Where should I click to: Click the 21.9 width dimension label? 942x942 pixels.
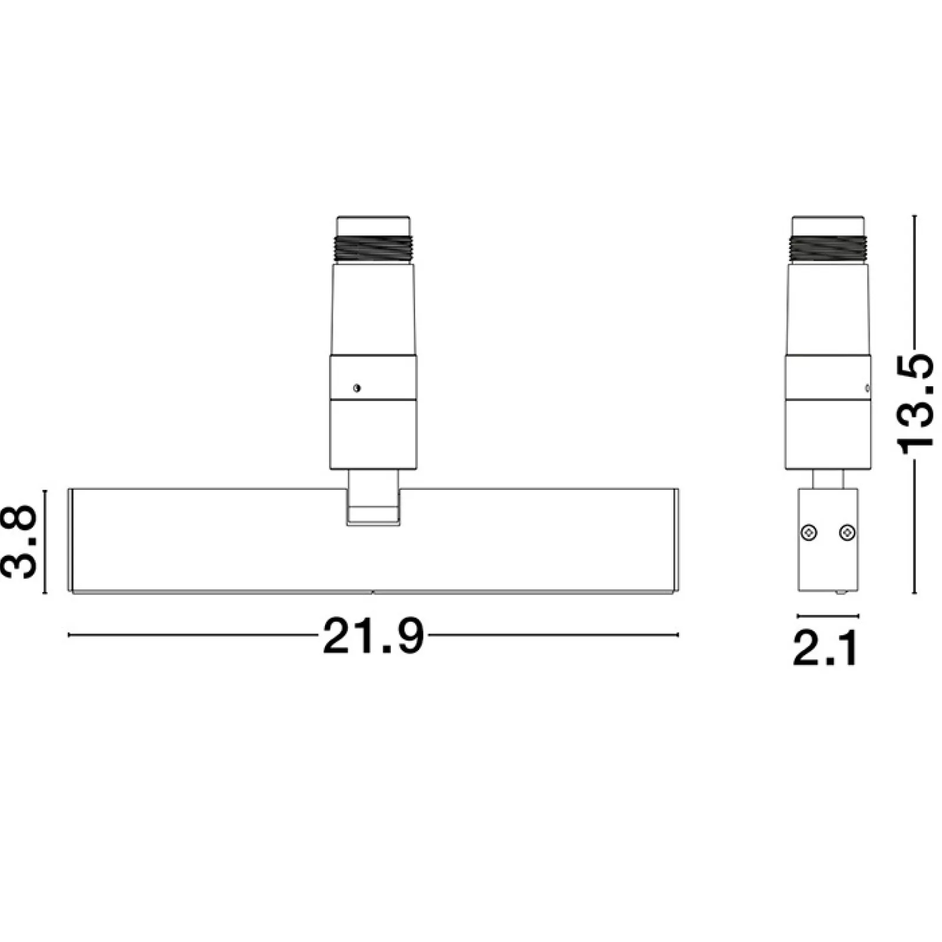click(x=373, y=636)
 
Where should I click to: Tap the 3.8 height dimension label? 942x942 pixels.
click(x=19, y=542)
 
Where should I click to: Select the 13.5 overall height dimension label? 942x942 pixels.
click(x=916, y=404)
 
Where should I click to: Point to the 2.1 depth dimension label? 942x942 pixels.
click(x=825, y=648)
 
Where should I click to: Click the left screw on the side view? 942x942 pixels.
click(x=809, y=533)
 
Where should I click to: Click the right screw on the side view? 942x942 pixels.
click(x=847, y=533)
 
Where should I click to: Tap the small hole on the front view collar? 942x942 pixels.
click(x=356, y=388)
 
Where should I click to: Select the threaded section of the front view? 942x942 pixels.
click(x=374, y=248)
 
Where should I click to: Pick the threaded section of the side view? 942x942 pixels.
click(x=828, y=248)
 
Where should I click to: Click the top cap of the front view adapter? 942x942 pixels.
click(x=374, y=226)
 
